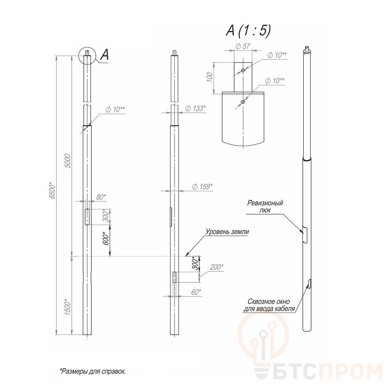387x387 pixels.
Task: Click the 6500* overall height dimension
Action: pos(53,191)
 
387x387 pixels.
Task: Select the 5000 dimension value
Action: pos(68,161)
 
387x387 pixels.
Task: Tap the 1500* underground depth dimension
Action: pos(68,307)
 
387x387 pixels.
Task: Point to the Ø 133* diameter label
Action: pos(195,108)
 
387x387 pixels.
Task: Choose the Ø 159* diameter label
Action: pos(202,187)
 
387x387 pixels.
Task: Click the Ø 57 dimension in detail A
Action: pos(243,46)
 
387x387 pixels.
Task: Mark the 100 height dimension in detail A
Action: pos(209,77)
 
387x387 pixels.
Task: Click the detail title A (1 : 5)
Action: pos(248,31)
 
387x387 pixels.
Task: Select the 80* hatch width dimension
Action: pos(101,197)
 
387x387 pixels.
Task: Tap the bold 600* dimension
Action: pos(105,238)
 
